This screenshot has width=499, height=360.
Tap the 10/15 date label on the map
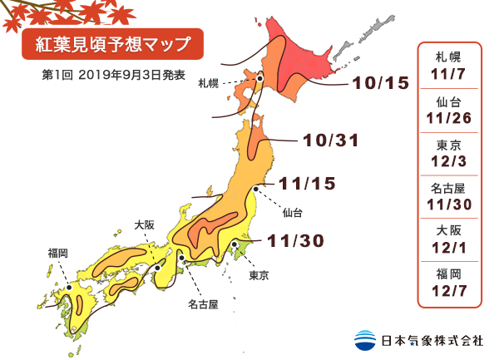coord(381,83)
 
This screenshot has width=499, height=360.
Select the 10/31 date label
coord(331,141)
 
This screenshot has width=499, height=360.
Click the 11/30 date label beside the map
coord(296,240)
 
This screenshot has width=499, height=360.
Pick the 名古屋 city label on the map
coord(202,304)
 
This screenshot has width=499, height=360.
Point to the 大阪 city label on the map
coord(144,224)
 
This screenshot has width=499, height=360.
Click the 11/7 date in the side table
coord(448,74)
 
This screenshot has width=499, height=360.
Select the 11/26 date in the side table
coord(448,119)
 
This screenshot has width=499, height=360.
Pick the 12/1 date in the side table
coord(448,248)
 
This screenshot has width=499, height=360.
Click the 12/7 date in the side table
coord(448,290)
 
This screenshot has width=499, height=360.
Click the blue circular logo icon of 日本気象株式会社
coord(364,340)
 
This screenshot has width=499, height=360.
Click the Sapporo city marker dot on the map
coord(260,79)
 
